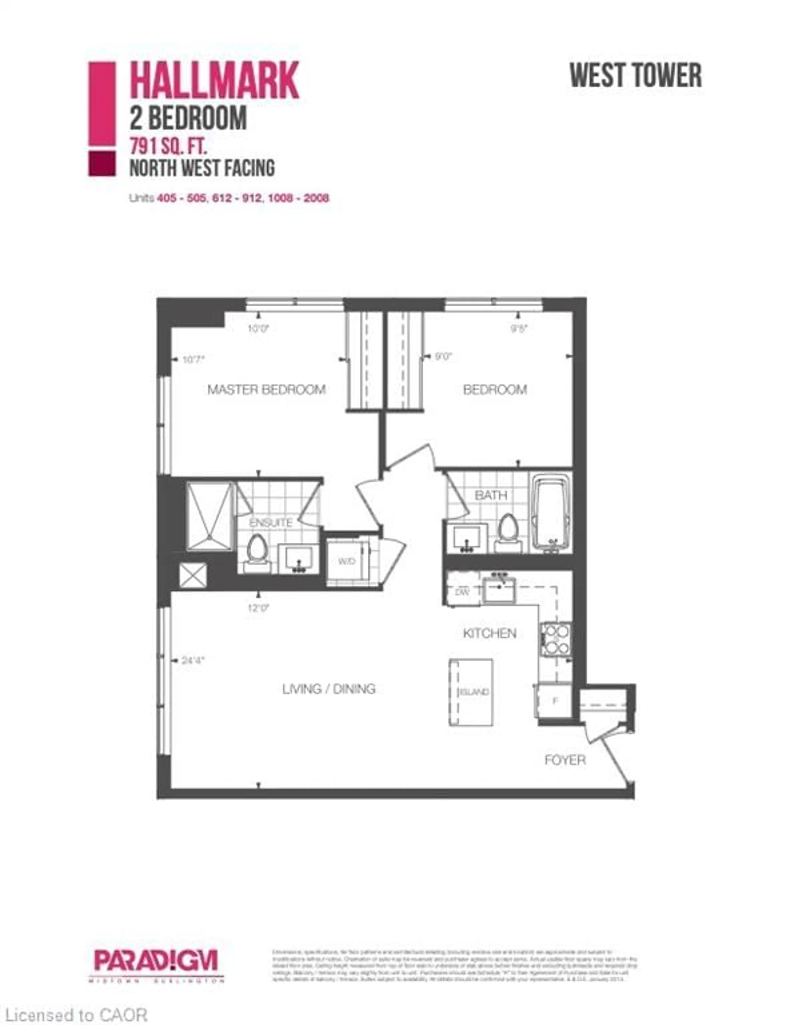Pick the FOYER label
[565, 760]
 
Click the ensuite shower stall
[210, 516]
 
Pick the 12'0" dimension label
[259, 608]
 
